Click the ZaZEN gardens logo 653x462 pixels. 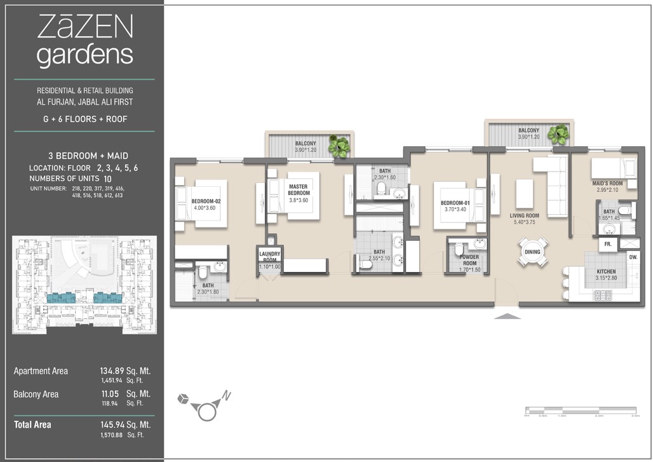point(84,41)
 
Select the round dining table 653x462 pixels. point(532,252)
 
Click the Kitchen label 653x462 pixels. point(605,275)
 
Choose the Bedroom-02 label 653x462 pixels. point(205,204)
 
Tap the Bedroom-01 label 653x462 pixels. point(455,206)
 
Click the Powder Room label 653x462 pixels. point(469,263)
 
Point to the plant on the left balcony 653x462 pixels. point(339,147)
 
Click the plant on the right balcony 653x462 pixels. point(559,134)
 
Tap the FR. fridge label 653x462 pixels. point(607,244)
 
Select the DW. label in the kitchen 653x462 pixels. point(633,257)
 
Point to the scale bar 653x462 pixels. point(581,410)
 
